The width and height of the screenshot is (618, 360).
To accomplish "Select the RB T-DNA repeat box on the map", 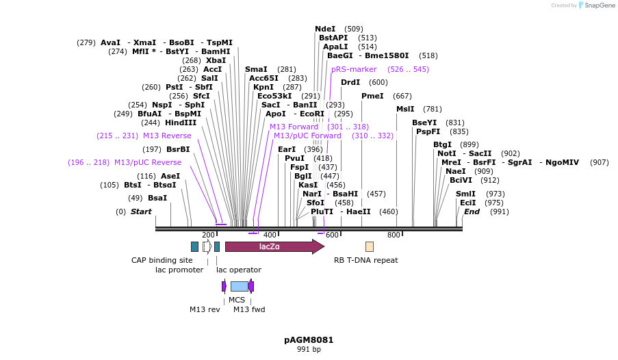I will click(370, 246).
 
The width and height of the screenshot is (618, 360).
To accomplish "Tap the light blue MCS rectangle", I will click(239, 286).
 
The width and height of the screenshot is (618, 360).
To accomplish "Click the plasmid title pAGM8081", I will click(309, 339).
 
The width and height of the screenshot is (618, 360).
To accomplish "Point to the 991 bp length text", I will click(309, 350).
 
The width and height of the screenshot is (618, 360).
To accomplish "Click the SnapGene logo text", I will click(599, 5).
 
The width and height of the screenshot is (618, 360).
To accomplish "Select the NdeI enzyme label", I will click(325, 29).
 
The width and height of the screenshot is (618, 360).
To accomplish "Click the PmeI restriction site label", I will click(372, 96).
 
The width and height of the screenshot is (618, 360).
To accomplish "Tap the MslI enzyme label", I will click(405, 109).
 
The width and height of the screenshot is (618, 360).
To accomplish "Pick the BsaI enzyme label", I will click(157, 198).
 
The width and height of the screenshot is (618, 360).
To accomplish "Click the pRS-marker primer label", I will click(354, 69).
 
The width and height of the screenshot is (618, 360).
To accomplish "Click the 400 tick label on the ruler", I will click(270, 235).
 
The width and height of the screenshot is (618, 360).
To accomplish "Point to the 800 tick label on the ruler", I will click(394, 235).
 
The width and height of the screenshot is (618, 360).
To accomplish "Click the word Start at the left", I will click(141, 211).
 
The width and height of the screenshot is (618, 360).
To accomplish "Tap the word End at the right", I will click(472, 211).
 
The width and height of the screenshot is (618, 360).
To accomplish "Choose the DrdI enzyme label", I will click(350, 82).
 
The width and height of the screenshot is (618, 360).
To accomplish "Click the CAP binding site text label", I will click(162, 260).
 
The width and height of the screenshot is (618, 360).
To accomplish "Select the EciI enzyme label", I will click(468, 203).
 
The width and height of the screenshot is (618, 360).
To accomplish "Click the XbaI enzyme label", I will click(216, 60).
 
